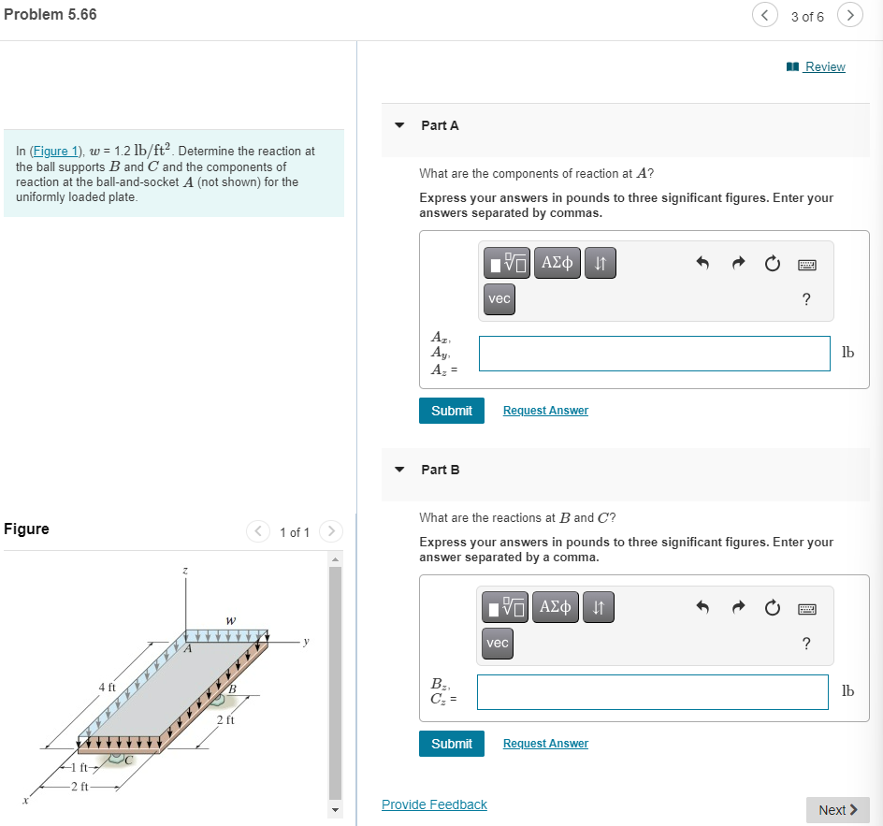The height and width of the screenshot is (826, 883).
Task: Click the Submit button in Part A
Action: [452, 411]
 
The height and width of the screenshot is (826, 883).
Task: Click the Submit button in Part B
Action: [452, 744]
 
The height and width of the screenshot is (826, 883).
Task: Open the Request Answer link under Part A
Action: [545, 411]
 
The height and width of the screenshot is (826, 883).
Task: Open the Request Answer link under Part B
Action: [545, 744]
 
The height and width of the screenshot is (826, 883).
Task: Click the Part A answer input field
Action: [654, 354]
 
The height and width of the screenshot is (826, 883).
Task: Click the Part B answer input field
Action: [652, 692]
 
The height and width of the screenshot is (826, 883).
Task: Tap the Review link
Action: [824, 67]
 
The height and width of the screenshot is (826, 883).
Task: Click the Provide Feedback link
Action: [434, 804]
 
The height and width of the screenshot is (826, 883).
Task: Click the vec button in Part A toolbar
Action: [499, 298]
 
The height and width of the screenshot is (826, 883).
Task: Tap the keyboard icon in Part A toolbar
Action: [806, 265]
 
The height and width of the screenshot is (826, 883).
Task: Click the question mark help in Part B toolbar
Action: [806, 644]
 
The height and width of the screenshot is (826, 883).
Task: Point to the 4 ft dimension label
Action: [107, 688]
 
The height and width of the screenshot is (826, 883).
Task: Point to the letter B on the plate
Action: [233, 690]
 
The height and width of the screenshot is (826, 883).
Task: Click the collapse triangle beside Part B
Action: [400, 470]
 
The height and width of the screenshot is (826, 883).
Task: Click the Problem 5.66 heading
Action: [51, 15]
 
